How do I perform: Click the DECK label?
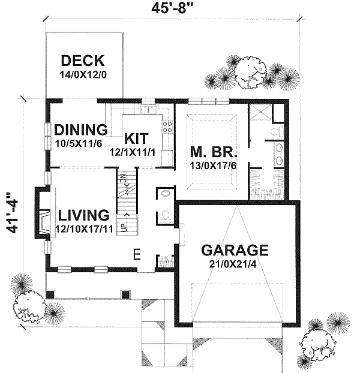click(83, 61)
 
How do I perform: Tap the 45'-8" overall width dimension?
click(172, 8)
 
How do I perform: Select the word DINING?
click(80, 130)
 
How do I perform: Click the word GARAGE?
click(234, 249)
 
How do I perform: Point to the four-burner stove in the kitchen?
click(167, 127)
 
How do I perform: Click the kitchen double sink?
click(148, 110)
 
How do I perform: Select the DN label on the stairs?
click(124, 179)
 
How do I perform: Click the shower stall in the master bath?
click(260, 112)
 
